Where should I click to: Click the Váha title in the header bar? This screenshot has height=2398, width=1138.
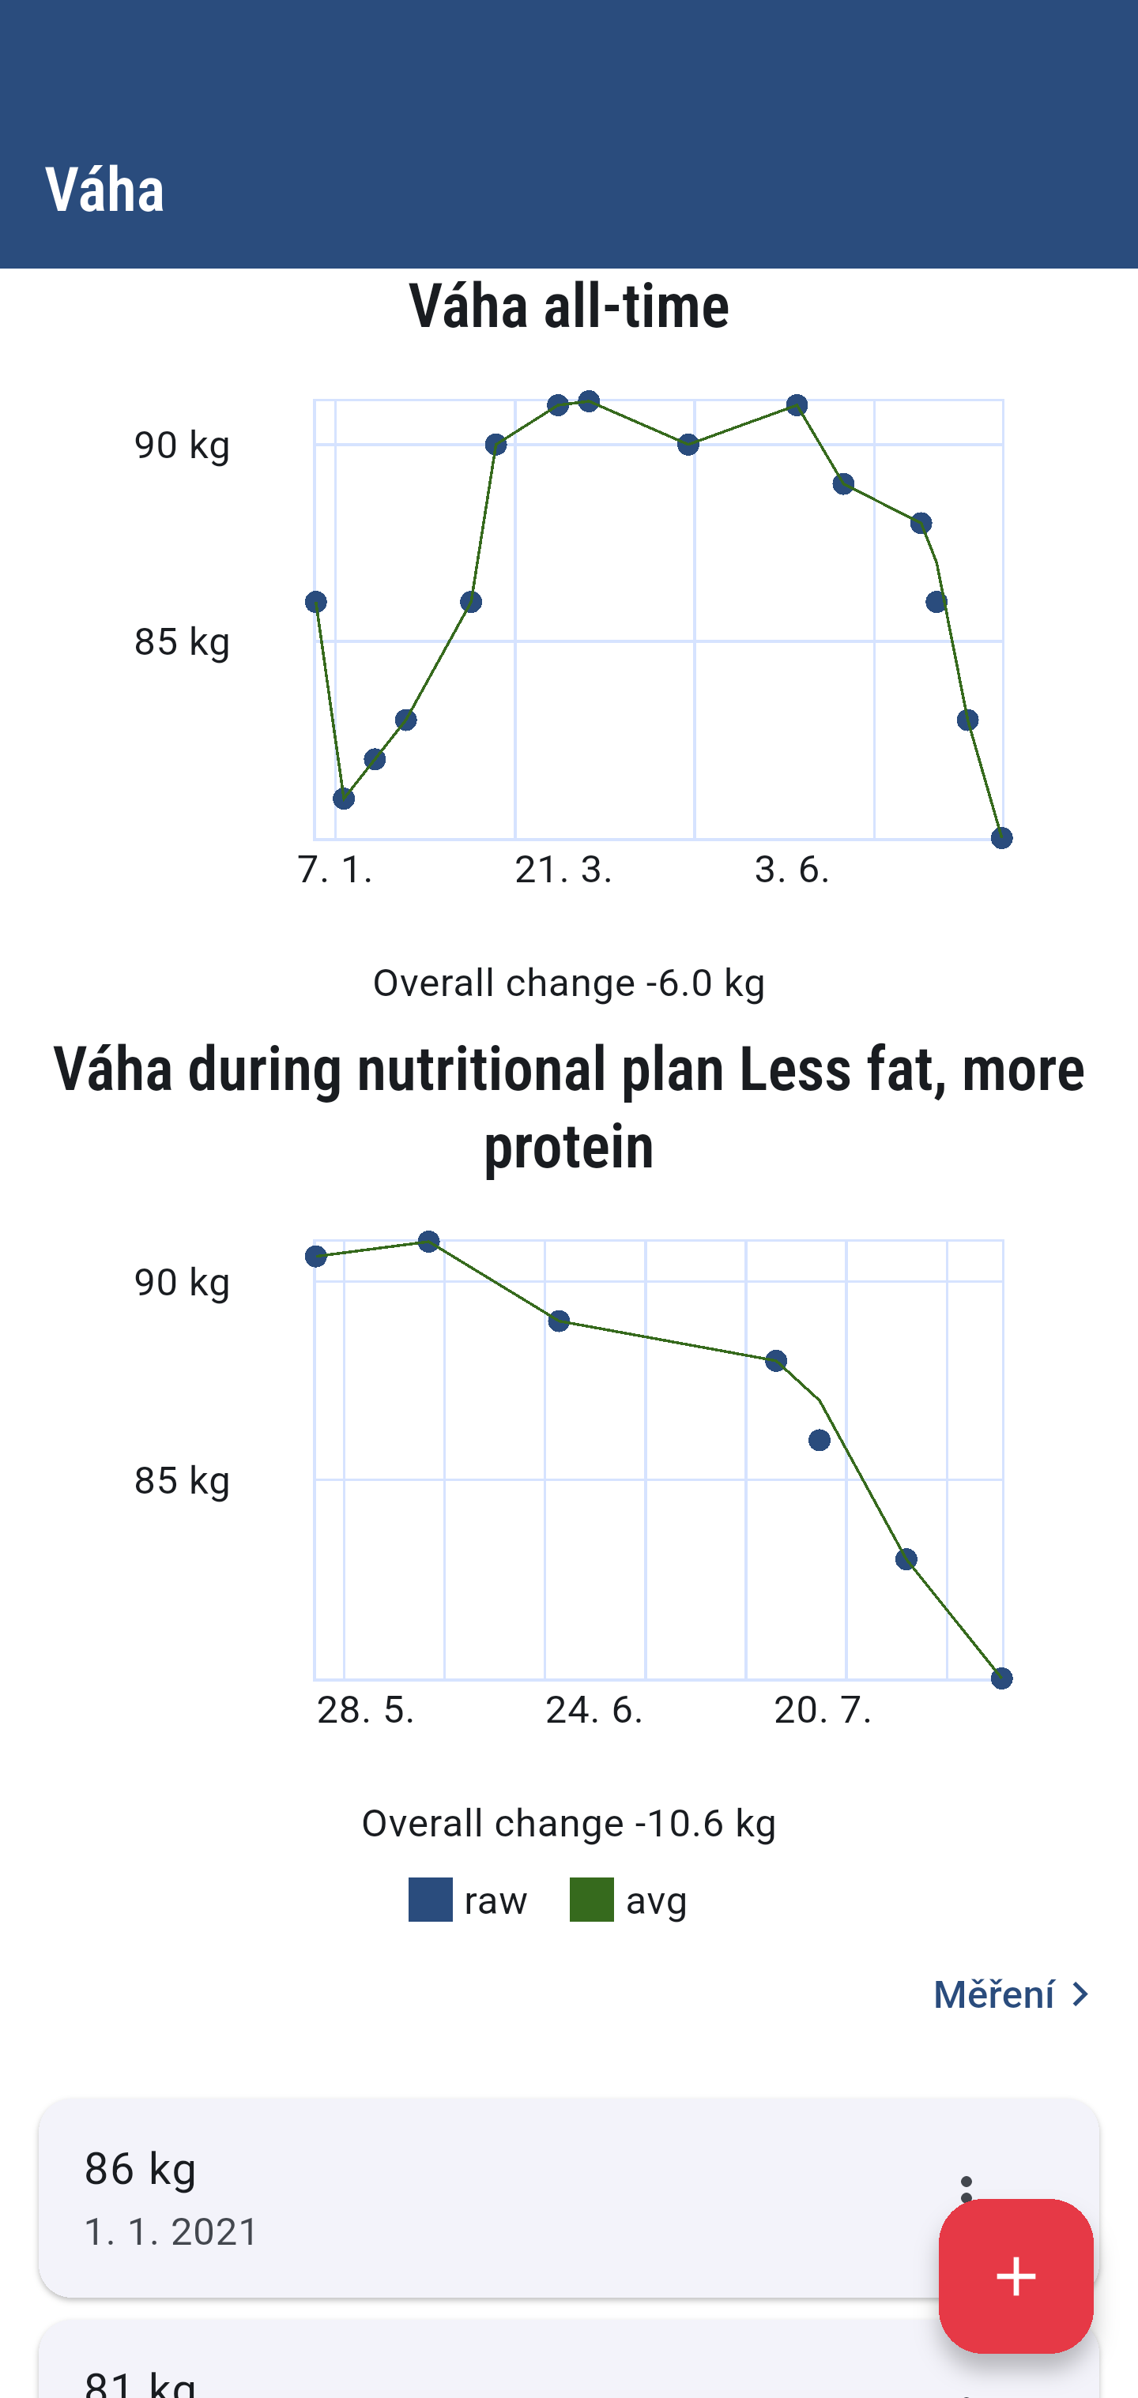[104, 190]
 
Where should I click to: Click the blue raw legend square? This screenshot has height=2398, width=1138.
[430, 1900]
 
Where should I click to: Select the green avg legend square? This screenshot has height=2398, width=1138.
[591, 1900]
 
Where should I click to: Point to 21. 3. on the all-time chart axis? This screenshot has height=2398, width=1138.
[563, 870]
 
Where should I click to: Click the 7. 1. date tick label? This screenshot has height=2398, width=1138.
[335, 870]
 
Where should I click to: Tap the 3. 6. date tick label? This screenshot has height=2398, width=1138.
[792, 870]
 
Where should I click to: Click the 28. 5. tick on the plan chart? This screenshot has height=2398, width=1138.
[365, 1710]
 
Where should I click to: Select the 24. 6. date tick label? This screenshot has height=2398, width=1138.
[594, 1710]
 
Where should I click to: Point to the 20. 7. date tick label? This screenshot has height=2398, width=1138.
[823, 1710]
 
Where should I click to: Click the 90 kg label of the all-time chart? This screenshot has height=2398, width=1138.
[182, 445]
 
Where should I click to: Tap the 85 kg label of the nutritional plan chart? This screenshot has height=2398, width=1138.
[182, 1480]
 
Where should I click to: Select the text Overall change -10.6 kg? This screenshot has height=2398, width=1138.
[569, 1823]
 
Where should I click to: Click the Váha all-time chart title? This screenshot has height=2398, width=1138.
[569, 306]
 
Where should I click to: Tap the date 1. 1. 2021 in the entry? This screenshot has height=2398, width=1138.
[171, 2231]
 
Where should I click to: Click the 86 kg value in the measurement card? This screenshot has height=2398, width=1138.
[141, 2168]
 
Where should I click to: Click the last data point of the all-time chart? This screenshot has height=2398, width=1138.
[1001, 839]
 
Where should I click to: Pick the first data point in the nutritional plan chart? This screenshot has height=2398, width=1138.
[315, 1257]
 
